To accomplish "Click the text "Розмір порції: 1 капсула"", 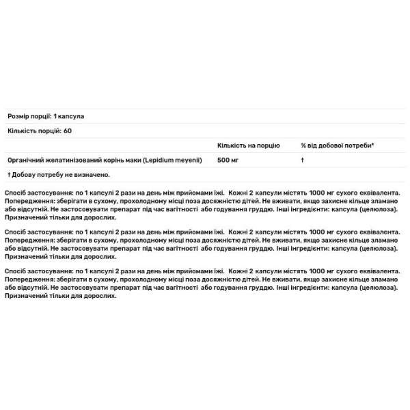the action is tap(46, 116).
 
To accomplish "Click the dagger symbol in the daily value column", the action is tap(302, 159).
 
